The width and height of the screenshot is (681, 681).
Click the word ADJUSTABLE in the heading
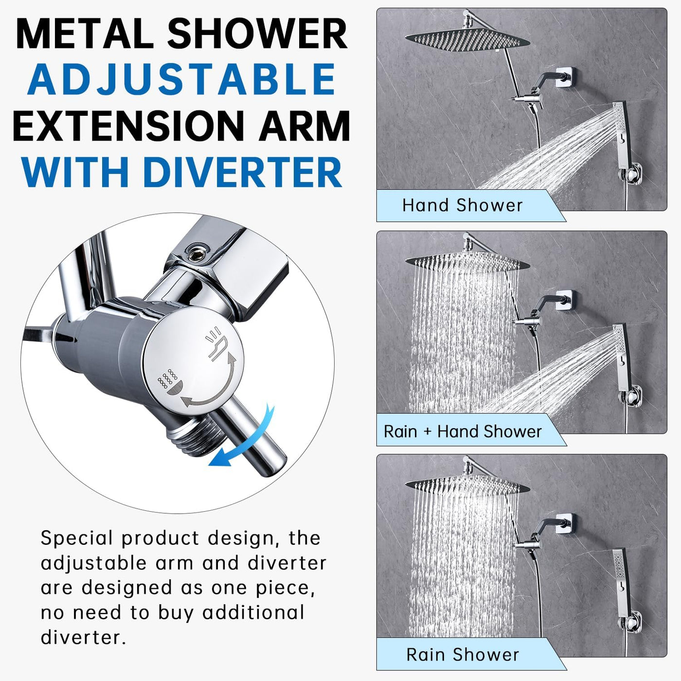pos(181,79)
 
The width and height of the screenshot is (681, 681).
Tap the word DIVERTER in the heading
pos(242,172)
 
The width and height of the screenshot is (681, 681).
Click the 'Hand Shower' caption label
pos(462,205)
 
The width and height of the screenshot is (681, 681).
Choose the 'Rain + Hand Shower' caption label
pos(463,431)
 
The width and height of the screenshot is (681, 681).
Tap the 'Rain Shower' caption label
pos(463,655)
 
